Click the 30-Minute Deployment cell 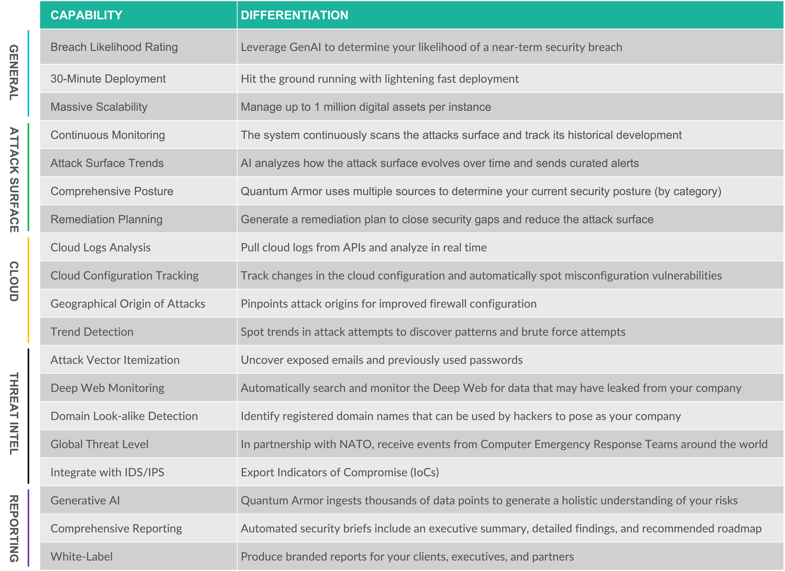point(108,79)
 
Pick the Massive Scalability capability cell point(99,107)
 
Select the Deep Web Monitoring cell point(107,388)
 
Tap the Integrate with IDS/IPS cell point(107,472)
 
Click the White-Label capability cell point(82,557)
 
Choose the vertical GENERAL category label point(14,73)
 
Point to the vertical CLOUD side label point(14,281)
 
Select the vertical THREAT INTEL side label point(14,414)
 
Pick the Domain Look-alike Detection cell point(124,416)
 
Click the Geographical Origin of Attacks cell point(128,304)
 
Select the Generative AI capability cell point(85,500)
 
